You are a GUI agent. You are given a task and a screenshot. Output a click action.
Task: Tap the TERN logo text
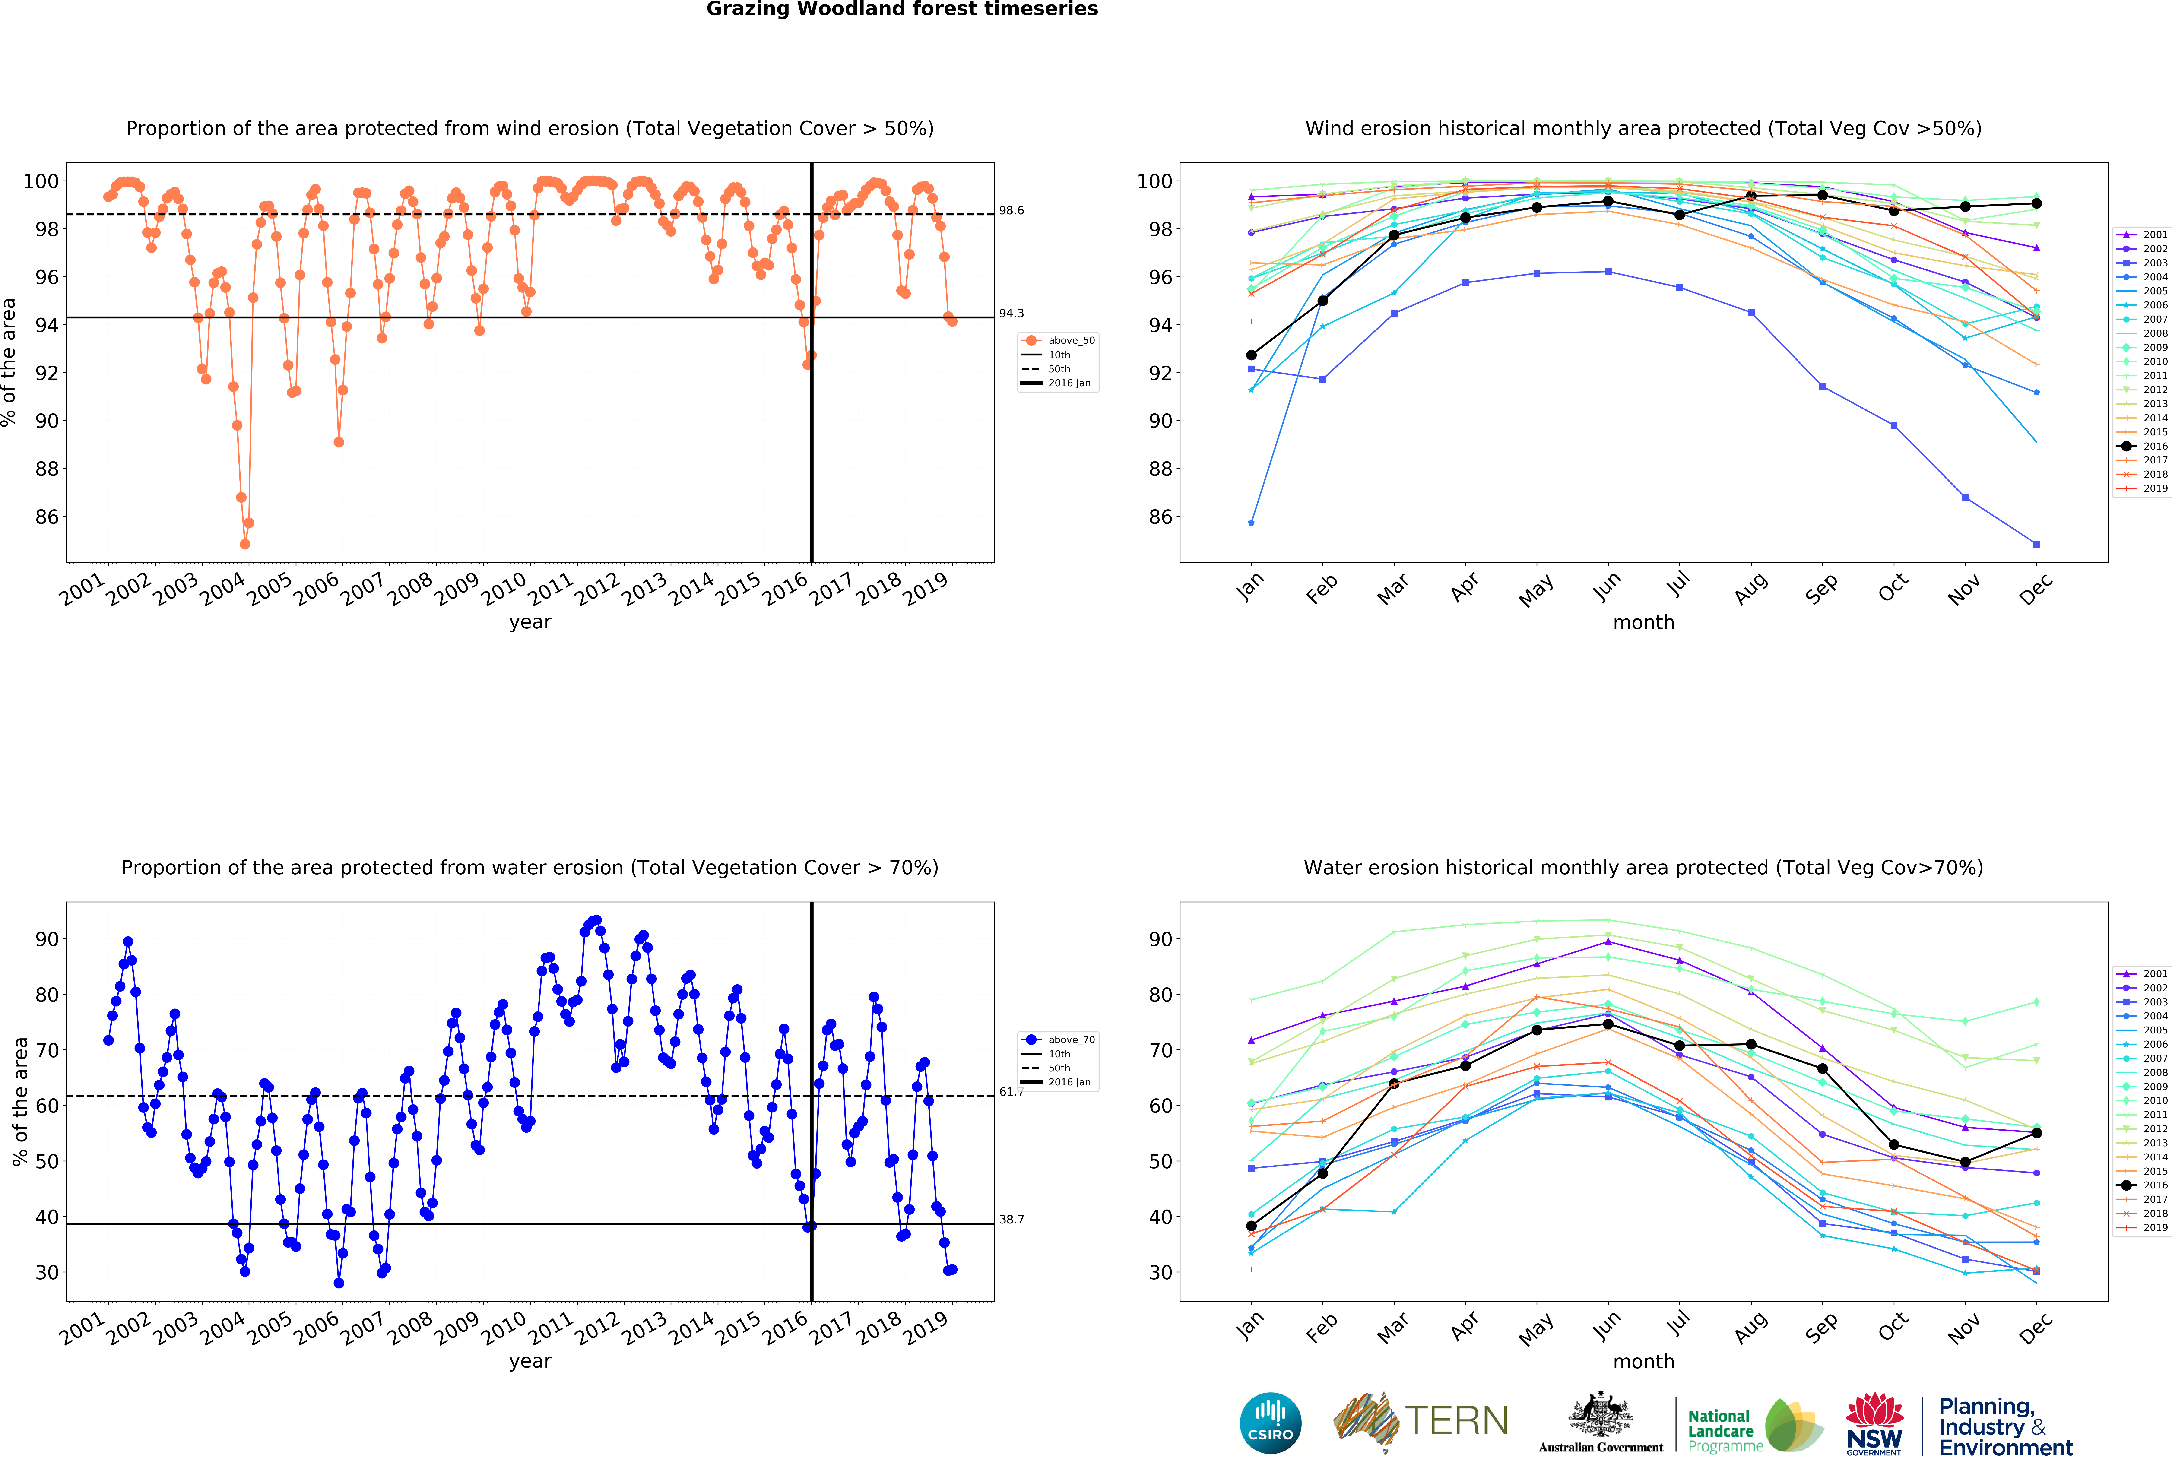click(1456, 1421)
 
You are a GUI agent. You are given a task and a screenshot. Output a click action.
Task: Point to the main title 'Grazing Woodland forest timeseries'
click(902, 9)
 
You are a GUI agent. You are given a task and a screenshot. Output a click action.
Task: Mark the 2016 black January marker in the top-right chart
click(1251, 355)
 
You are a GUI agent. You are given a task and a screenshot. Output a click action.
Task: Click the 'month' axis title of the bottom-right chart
click(1643, 1362)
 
